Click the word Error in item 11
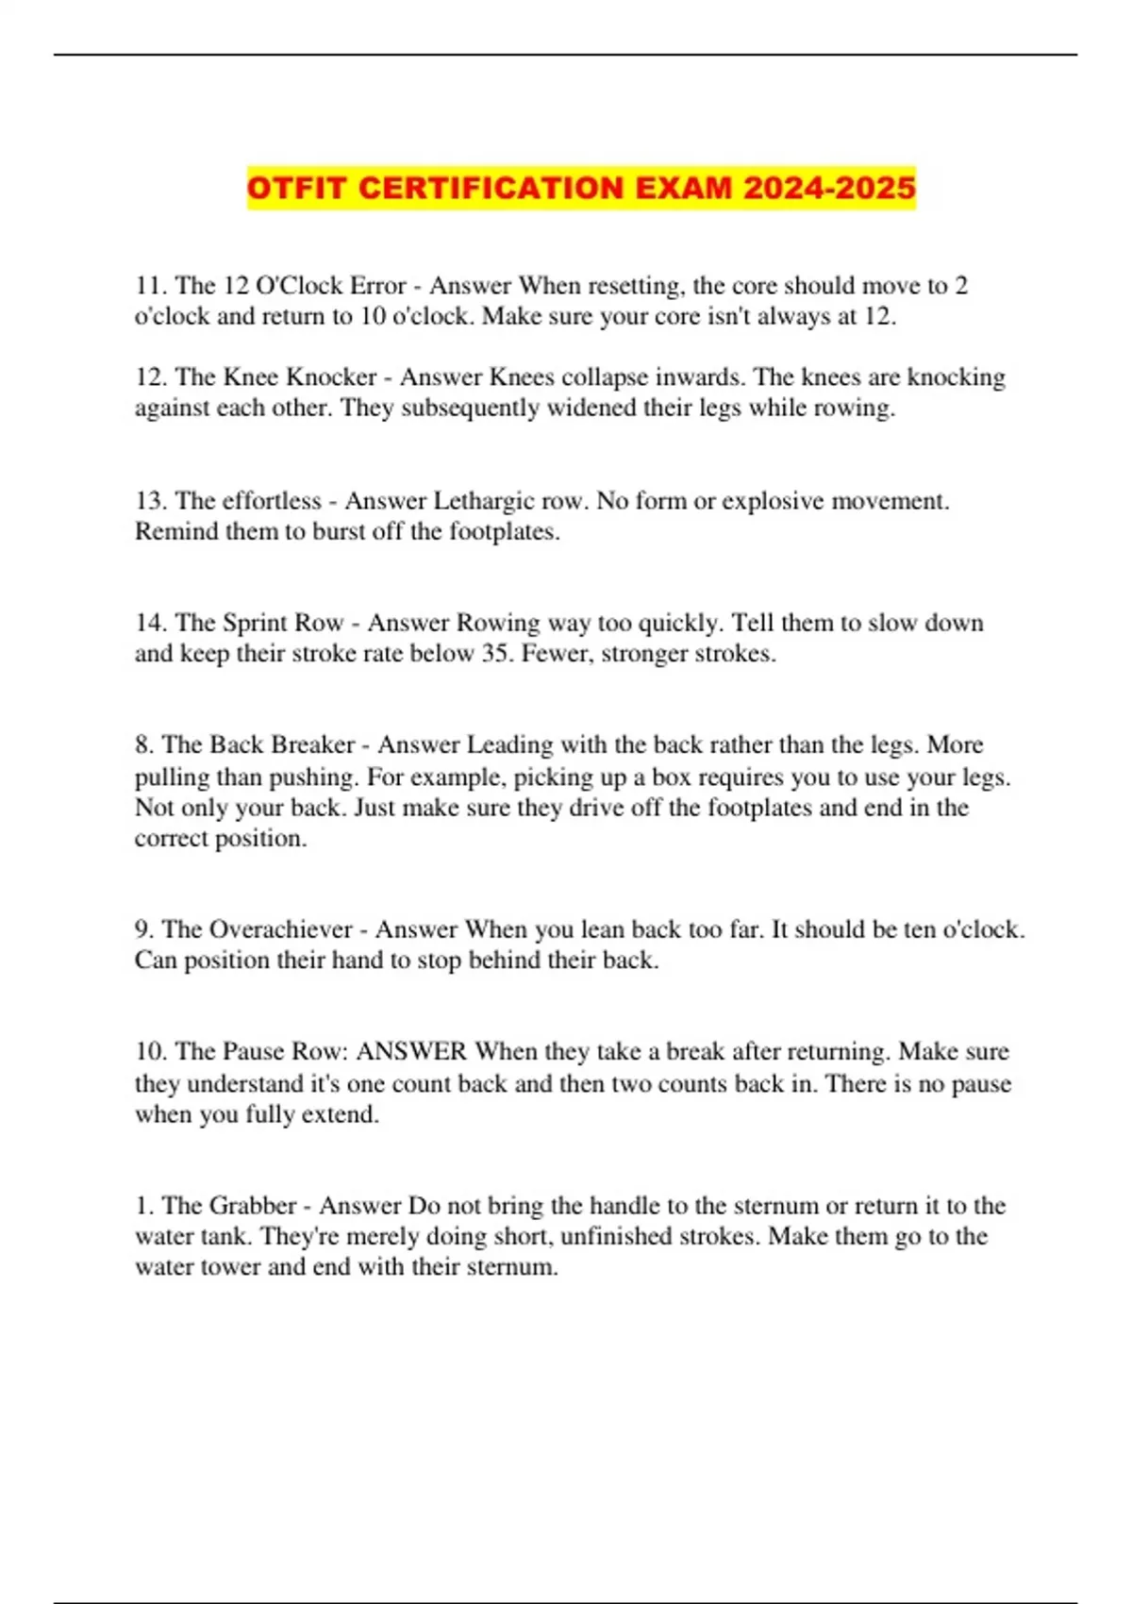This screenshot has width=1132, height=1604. coord(378,286)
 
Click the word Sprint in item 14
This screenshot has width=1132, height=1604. coord(256,624)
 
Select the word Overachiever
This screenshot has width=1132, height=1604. coord(280,930)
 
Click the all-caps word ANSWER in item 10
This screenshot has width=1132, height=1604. coord(411,1052)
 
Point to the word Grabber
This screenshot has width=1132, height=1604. coord(253,1206)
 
